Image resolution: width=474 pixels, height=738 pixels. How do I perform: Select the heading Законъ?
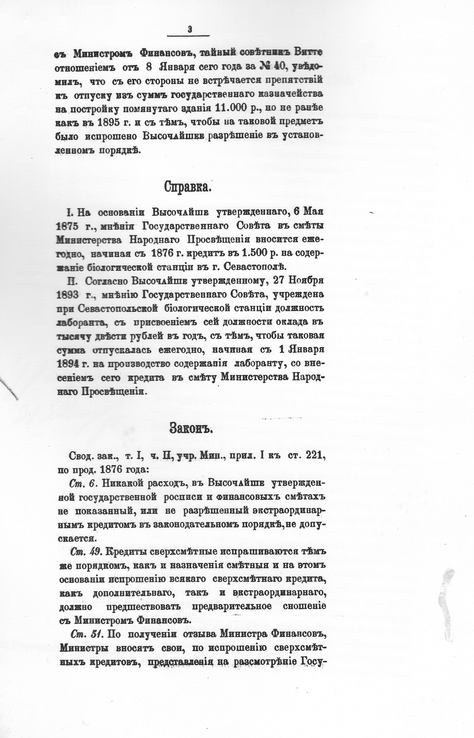pyautogui.click(x=191, y=428)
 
